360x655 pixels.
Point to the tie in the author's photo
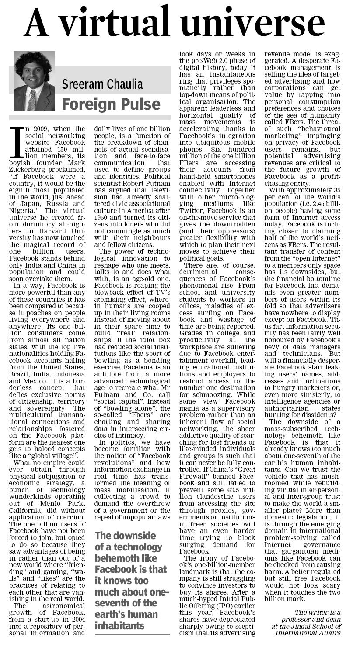point(32,101)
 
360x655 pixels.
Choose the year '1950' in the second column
point(103,204)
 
